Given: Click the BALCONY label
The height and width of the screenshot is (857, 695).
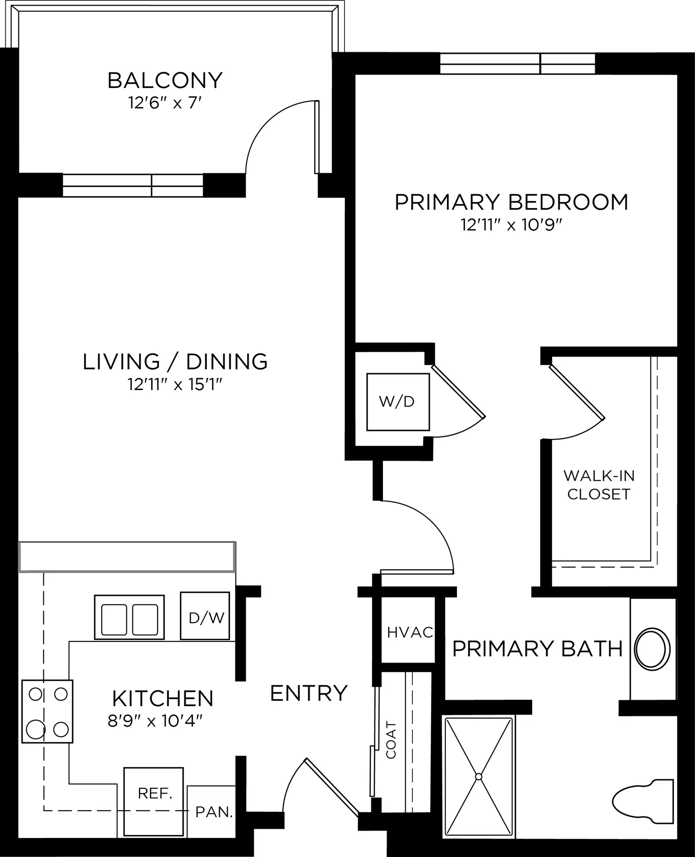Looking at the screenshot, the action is tap(165, 80).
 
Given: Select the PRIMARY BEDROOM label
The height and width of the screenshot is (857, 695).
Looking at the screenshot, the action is tap(512, 202).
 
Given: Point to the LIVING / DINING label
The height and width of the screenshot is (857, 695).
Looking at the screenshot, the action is tap(175, 362).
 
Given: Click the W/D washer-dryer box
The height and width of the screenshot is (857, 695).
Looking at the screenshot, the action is tap(398, 402).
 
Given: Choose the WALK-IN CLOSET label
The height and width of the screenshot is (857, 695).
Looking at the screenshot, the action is tap(599, 485).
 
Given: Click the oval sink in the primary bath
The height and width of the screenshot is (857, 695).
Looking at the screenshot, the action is tap(652, 649).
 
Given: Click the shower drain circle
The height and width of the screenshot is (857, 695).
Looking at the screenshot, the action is tap(479, 777).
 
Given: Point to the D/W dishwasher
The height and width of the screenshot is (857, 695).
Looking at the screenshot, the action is tap(205, 616).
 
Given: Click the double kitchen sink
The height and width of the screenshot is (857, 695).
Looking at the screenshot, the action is tap(129, 617).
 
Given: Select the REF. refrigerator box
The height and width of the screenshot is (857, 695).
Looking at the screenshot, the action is tap(154, 801).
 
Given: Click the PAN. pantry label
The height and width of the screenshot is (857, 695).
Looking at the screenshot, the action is tap(214, 812).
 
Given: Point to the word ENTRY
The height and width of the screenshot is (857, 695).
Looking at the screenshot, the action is tap(309, 694).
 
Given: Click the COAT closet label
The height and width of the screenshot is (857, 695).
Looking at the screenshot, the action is tap(391, 740).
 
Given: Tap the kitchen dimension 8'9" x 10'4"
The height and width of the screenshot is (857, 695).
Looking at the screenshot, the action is tap(155, 721).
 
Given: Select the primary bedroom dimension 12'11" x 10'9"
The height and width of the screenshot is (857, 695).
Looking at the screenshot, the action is tap(511, 225).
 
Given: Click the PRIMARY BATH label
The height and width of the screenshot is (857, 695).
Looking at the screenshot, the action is tap(537, 649).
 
